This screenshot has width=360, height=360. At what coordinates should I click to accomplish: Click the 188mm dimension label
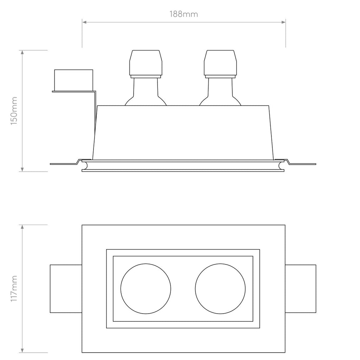(x=184, y=14)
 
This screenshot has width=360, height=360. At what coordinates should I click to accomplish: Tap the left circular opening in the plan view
(x=146, y=288)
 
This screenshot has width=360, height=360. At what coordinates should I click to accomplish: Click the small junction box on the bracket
(x=73, y=79)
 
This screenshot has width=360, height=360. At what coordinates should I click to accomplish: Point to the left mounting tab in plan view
(x=66, y=288)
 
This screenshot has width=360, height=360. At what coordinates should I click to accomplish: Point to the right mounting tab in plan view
(x=301, y=288)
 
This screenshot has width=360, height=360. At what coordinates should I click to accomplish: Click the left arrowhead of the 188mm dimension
(x=85, y=22)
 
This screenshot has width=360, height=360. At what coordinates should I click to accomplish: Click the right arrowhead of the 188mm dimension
(x=283, y=22)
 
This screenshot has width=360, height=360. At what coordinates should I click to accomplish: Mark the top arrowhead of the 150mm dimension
(x=22, y=53)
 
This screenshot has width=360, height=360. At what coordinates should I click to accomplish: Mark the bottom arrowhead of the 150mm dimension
(x=22, y=169)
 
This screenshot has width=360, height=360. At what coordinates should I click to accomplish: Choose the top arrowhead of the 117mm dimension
(x=22, y=227)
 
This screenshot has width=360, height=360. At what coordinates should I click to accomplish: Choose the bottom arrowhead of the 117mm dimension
(x=22, y=350)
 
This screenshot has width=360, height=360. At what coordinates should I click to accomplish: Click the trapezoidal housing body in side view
(x=183, y=132)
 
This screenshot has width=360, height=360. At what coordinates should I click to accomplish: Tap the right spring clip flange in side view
(x=301, y=163)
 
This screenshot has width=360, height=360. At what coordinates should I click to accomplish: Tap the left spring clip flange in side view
(x=65, y=163)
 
